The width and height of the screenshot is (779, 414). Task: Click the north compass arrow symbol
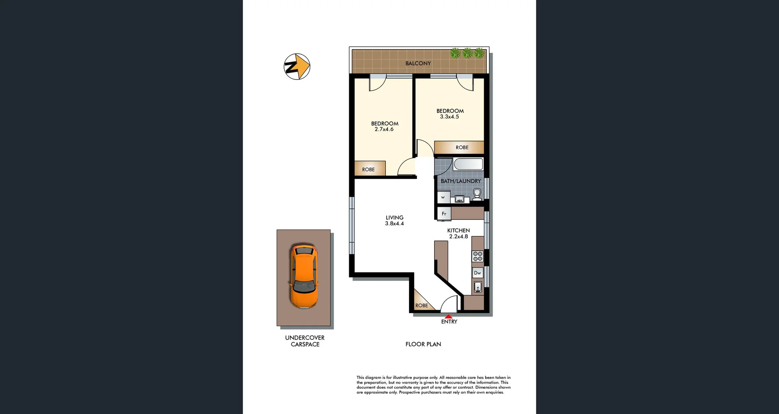pyautogui.click(x=297, y=66)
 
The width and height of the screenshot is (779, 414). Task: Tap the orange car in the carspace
pyautogui.click(x=303, y=277)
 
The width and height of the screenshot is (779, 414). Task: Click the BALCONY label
pyautogui.click(x=418, y=63)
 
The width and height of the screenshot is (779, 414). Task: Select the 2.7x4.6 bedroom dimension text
pyautogui.click(x=384, y=129)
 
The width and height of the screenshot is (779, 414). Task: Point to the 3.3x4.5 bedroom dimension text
pyautogui.click(x=449, y=117)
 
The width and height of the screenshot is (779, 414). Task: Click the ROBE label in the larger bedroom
pyautogui.click(x=462, y=148)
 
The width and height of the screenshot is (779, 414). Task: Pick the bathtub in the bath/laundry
pyautogui.click(x=468, y=164)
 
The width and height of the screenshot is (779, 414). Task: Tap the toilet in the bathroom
pyautogui.click(x=477, y=194)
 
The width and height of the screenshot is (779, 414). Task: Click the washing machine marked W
pyautogui.click(x=443, y=197)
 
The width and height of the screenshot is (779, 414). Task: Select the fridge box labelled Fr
pyautogui.click(x=444, y=214)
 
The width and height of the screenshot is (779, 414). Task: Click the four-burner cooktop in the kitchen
pyautogui.click(x=478, y=256)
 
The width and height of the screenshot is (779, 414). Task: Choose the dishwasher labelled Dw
pyautogui.click(x=478, y=273)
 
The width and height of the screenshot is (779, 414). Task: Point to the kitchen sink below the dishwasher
pyautogui.click(x=478, y=287)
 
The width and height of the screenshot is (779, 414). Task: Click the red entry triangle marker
pyautogui.click(x=448, y=316)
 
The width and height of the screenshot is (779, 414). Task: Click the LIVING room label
pyautogui.click(x=394, y=218)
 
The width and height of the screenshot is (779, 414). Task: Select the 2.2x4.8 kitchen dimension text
pyautogui.click(x=458, y=236)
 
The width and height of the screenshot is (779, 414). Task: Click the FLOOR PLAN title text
pyautogui.click(x=423, y=344)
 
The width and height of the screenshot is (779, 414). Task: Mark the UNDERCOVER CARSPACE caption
pyautogui.click(x=305, y=341)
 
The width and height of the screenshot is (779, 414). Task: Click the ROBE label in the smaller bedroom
pyautogui.click(x=368, y=169)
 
